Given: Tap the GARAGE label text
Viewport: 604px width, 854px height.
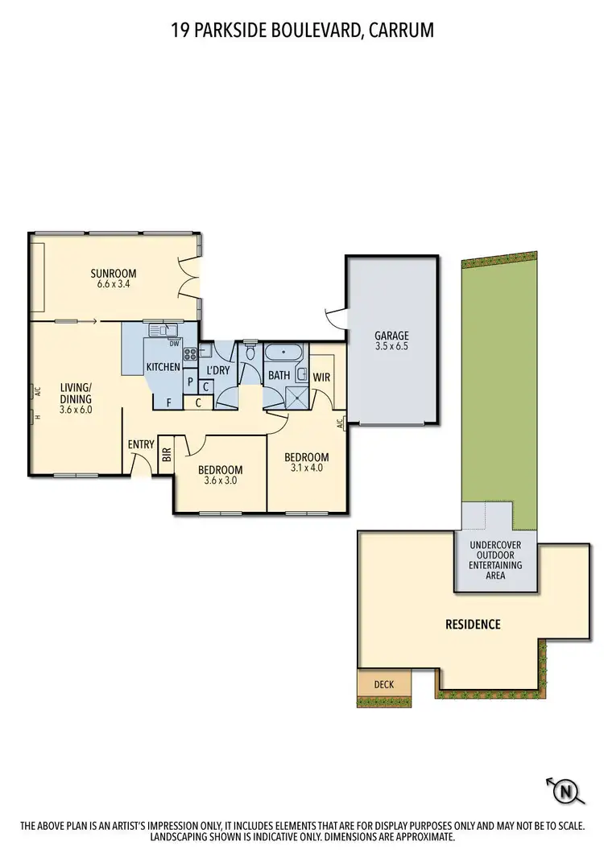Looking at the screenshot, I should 391,336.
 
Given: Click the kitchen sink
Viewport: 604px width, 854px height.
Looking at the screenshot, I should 163,329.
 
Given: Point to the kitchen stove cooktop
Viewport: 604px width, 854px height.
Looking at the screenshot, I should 190,353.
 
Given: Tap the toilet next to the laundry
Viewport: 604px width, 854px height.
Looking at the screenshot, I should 250,353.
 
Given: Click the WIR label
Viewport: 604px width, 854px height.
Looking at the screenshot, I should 322,376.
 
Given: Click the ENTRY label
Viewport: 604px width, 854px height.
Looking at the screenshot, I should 140,444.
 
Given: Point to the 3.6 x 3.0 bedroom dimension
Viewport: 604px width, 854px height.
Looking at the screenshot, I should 220,483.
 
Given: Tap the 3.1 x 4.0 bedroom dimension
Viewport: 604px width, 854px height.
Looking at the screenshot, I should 306,469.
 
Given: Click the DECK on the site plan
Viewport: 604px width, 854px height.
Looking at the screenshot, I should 384,684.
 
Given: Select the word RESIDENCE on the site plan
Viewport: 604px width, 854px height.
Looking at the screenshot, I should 473,624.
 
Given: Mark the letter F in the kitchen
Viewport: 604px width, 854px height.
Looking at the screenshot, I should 168,402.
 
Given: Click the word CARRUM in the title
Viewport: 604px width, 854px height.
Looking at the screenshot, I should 400,31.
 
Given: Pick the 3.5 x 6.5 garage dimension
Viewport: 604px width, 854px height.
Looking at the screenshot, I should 391,347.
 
